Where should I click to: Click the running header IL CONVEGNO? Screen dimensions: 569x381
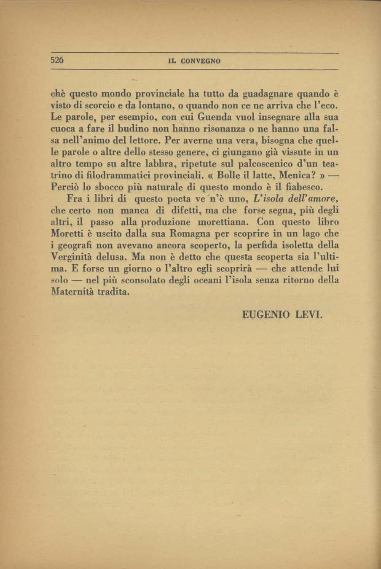coord(194,61)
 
